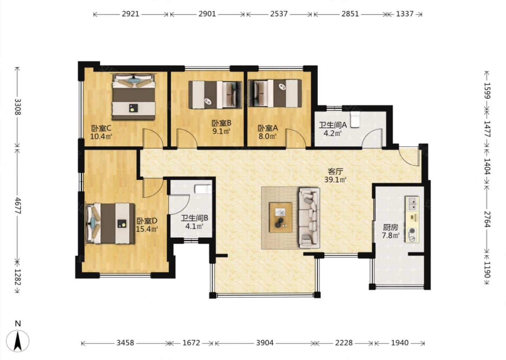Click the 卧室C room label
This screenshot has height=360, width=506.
(x=101, y=129)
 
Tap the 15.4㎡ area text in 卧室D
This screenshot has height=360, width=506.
(x=147, y=229)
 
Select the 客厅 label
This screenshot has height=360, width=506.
(x=336, y=172)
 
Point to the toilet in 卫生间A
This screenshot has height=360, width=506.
(x=355, y=120)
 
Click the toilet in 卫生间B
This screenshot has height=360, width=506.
(x=203, y=189)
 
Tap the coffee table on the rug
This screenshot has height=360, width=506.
(x=281, y=217)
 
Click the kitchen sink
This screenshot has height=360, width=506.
(x=413, y=204)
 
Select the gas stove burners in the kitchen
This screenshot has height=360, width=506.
(x=413, y=235)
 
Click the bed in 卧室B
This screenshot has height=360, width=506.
(x=215, y=95)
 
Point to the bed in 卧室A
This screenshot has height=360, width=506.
(x=275, y=93)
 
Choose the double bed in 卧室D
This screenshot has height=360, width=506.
(x=110, y=223)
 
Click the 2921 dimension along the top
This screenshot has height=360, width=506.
(x=131, y=14)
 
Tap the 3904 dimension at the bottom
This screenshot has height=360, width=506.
(x=265, y=343)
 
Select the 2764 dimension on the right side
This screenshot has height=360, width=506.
(x=487, y=219)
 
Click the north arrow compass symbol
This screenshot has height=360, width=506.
(x=18, y=341)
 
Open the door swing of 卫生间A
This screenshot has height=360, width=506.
(x=372, y=138)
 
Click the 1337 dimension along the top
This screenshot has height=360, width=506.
(x=405, y=14)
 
